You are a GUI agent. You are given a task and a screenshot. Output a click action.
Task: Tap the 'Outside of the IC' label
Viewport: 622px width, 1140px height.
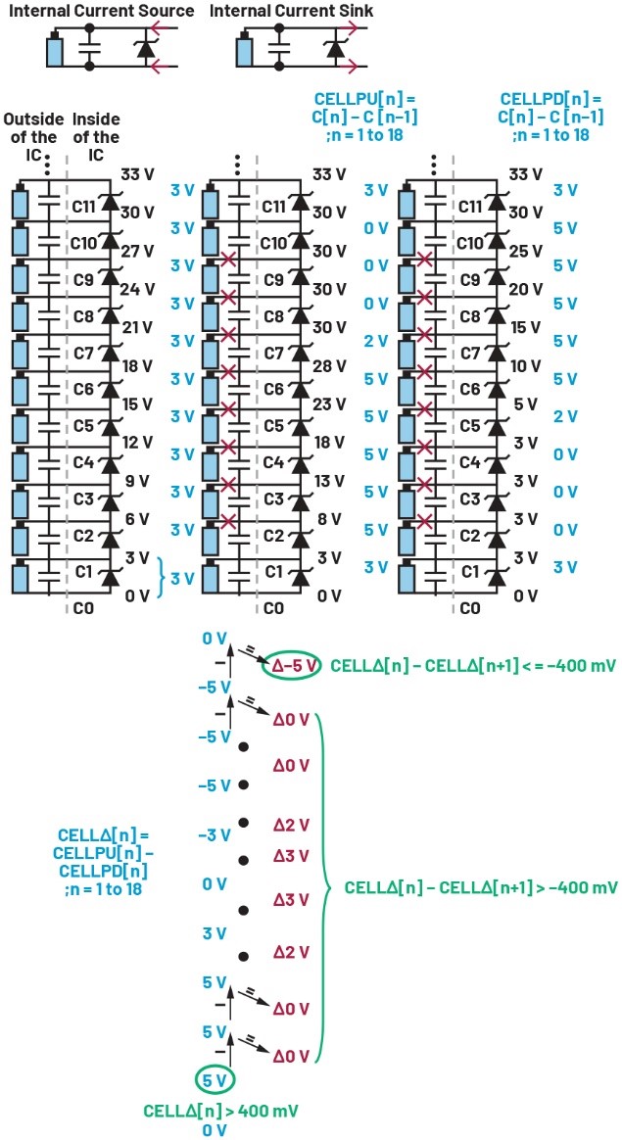point(34,137)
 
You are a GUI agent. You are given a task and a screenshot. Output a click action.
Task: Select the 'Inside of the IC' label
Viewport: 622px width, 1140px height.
point(96,137)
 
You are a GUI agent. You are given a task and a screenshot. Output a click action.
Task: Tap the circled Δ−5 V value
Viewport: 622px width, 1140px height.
point(292,665)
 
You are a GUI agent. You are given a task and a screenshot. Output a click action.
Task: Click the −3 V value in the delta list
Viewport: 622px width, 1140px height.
point(213,835)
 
